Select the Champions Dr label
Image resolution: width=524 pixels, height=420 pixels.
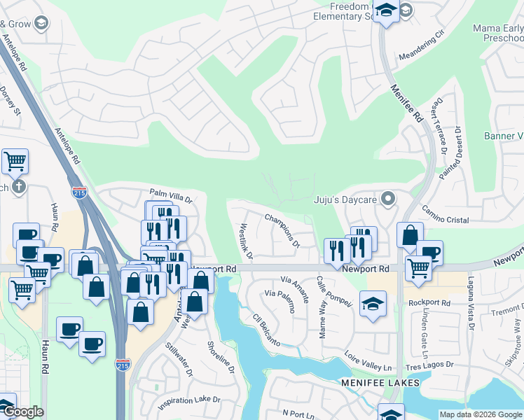pyautogui.click(x=282, y=231)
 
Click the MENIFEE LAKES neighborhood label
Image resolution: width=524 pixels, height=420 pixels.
pyautogui.click(x=380, y=383)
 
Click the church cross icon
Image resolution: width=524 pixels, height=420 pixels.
pyautogui.click(x=19, y=187)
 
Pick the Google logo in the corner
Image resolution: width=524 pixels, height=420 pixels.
pyautogui.click(x=22, y=412)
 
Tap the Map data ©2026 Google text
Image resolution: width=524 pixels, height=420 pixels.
pyautogui.click(x=480, y=414)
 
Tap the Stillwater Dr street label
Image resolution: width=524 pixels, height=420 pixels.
pyautogui.click(x=179, y=359)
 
